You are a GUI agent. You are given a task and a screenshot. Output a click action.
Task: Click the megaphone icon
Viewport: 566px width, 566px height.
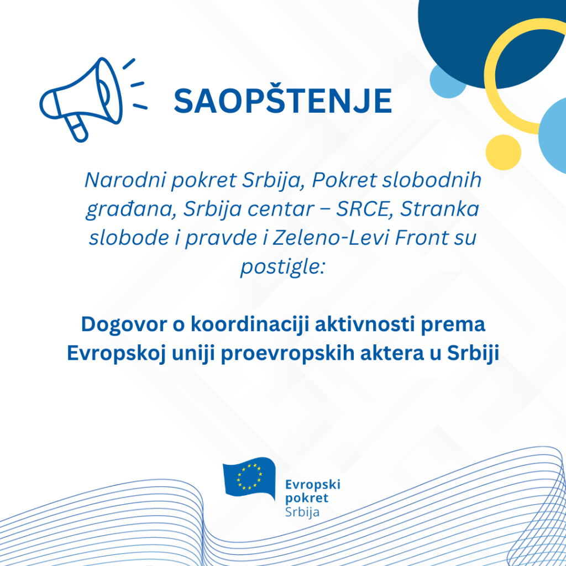(93, 99)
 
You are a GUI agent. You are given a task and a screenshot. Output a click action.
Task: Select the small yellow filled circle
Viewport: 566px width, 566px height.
(503, 153)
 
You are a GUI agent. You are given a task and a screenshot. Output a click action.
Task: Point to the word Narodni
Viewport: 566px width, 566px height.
(125, 180)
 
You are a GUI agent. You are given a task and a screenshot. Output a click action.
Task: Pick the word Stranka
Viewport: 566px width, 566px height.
(439, 208)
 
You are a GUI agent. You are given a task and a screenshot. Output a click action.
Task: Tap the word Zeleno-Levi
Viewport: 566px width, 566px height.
(331, 238)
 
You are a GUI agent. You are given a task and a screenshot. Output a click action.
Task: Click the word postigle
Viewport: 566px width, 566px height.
(282, 267)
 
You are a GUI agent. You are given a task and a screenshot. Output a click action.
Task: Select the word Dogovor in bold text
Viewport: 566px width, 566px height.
(123, 324)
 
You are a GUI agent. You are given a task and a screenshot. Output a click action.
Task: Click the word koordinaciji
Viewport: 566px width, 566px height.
(250, 324)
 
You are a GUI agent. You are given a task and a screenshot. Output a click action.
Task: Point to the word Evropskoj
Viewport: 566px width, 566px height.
(116, 353)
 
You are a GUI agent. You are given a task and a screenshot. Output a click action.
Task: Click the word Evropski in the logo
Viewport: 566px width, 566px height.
(313, 485)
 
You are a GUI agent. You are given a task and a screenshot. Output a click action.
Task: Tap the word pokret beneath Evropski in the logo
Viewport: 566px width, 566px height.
(307, 498)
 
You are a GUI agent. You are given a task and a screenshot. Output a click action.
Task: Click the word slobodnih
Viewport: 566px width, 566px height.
(432, 180)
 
